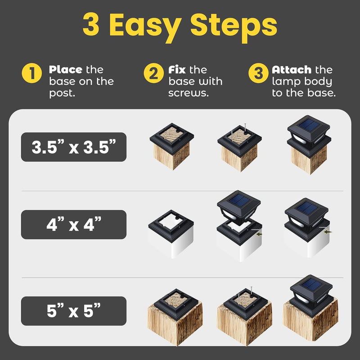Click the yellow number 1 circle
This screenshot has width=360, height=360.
32,73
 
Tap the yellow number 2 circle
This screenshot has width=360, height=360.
154,73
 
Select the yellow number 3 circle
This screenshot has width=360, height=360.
258,73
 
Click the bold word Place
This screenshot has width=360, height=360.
66,70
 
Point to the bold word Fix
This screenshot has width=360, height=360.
177,70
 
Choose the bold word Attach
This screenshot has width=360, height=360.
292,70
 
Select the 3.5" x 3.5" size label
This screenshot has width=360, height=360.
74,147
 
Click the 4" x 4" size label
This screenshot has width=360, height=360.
74,224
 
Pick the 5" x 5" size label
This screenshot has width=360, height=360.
74,311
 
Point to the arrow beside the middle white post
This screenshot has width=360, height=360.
259,234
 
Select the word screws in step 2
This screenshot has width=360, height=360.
189,93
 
